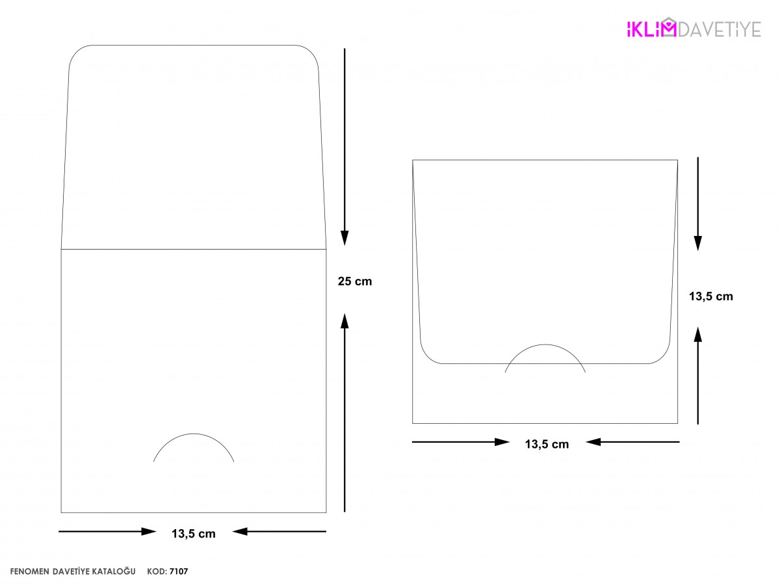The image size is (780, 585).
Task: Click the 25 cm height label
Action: point(354,281)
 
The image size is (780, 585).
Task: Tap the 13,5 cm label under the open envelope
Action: point(193,534)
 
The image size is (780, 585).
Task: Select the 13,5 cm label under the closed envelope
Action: point(547,444)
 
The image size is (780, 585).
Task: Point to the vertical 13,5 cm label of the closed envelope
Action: point(710,296)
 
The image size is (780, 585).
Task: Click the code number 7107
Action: point(179,571)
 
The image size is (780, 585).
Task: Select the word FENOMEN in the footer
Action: point(29,571)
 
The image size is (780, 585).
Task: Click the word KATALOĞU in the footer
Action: point(114,571)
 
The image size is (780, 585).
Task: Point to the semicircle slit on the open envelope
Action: point(193,434)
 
